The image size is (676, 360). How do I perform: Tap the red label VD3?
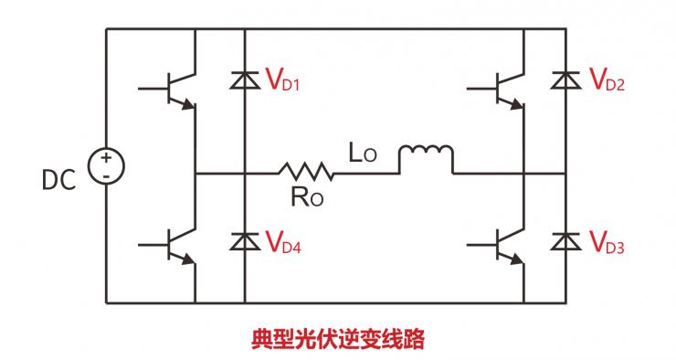coord(609,243)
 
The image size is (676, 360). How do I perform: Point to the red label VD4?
coord(283,243)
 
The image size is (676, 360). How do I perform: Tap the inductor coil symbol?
coord(425,157)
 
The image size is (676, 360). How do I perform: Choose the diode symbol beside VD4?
coord(244,242)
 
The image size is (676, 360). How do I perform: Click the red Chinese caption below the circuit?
coord(338,339)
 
